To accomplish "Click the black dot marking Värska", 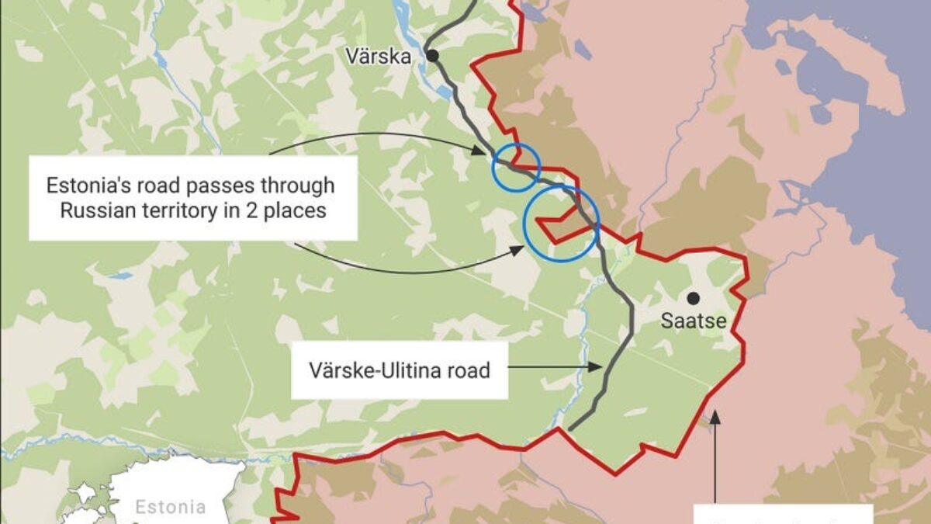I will tap(432, 55).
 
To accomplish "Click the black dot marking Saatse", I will tap(693, 297).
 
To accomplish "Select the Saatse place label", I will tap(694, 321).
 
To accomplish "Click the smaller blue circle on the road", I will tap(516, 167).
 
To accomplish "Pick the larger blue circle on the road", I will tap(561, 223).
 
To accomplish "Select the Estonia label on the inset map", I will tap(171, 508).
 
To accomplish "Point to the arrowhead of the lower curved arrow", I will tap(517, 249).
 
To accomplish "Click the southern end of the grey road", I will tap(570, 428).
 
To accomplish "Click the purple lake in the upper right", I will tap(853, 78).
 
